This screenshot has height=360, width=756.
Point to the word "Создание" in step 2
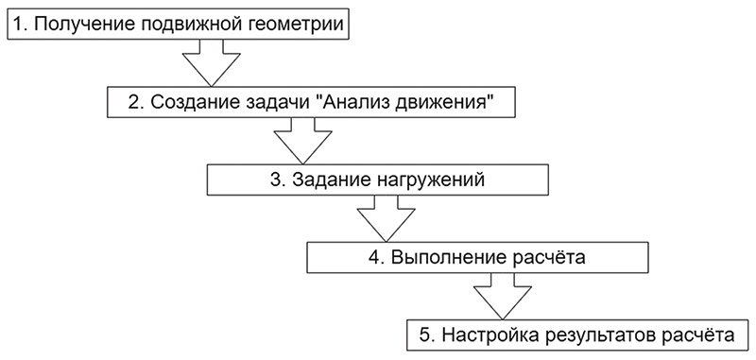tap(190, 102)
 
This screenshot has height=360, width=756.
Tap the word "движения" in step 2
tap(448, 102)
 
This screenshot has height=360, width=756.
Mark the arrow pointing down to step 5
tap(501, 296)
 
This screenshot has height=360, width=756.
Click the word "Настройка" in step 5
tap(488, 334)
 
